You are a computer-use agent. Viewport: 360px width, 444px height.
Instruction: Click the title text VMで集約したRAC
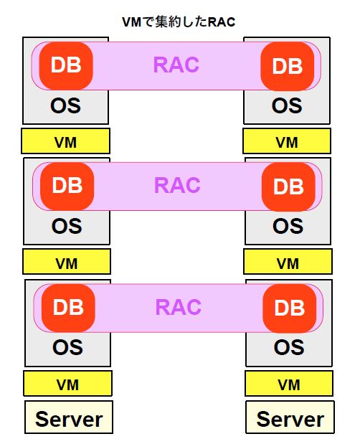179,22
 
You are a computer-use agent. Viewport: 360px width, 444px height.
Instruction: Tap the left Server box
69,417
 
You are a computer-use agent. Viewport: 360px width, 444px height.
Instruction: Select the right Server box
290,417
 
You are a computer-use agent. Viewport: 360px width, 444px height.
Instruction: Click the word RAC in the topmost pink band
176,65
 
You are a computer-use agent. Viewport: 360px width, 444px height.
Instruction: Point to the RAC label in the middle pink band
177,185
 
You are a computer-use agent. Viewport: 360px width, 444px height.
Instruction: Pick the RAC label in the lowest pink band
179,307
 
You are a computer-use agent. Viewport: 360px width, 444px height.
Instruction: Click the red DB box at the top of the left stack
66,66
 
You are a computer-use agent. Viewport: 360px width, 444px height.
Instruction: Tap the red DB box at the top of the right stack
288,66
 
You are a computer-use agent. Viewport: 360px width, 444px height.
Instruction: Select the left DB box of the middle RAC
67,186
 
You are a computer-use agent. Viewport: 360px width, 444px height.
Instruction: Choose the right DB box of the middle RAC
288,186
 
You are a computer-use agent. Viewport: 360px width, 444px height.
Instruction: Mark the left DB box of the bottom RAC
68,308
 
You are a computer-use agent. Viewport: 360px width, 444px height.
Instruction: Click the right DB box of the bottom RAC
290,308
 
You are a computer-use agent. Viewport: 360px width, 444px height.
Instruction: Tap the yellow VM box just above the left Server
67,384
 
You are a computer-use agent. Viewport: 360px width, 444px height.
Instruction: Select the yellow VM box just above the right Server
289,384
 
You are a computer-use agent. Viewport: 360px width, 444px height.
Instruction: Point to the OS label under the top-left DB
65,105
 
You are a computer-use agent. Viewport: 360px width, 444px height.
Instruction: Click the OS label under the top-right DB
287,105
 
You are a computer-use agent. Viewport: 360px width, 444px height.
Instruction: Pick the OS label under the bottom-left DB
67,347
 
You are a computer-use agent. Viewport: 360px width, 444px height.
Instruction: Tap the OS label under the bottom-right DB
289,347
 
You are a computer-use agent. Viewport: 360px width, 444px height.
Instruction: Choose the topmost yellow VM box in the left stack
66,141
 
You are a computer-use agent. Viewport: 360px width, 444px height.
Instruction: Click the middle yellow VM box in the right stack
288,262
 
